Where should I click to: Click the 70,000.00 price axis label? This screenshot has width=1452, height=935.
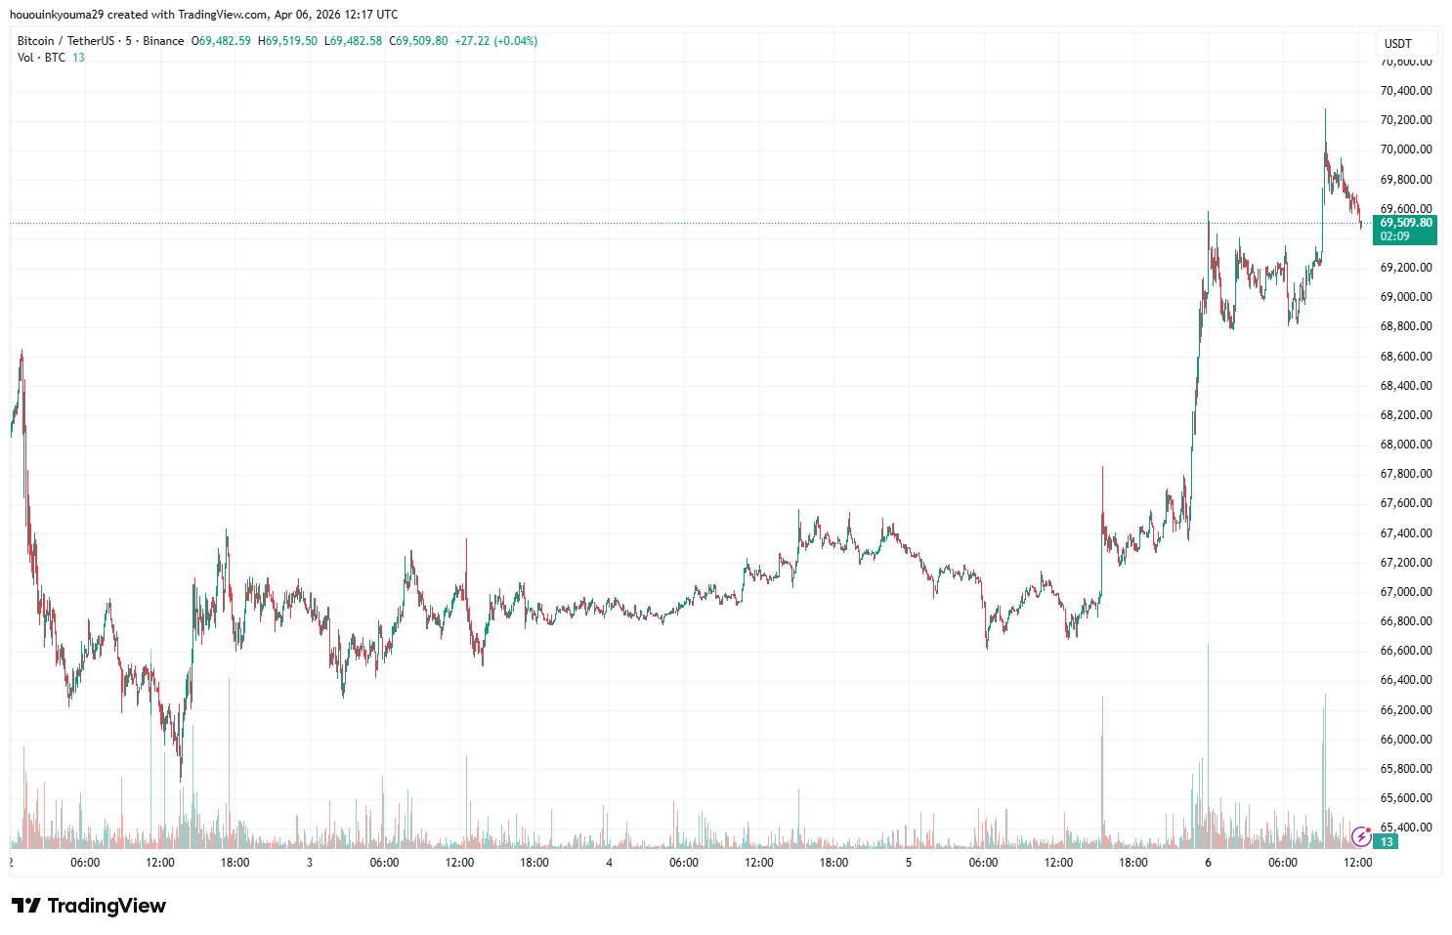(1406, 149)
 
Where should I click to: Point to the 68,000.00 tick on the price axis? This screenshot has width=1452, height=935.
(1406, 445)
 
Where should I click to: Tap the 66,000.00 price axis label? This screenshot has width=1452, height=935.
(1406, 740)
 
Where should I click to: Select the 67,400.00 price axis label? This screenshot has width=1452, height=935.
(1406, 533)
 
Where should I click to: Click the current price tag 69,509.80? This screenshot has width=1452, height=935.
(1406, 223)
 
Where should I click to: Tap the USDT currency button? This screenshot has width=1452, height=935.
(1398, 43)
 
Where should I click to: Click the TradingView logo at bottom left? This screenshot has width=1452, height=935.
(89, 906)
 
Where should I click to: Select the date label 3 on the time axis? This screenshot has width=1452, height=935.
(310, 863)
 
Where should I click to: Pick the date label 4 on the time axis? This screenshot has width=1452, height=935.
(609, 863)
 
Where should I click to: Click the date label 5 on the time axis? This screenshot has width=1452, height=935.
(909, 863)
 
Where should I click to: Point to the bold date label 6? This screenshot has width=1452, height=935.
(1208, 863)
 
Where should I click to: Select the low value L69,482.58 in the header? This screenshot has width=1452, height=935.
(353, 41)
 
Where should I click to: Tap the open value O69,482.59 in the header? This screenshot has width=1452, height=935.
(221, 41)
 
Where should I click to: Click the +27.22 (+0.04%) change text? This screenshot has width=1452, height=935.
(496, 41)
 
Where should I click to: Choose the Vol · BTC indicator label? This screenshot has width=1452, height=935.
(41, 58)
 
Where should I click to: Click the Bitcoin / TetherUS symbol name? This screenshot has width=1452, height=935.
(65, 41)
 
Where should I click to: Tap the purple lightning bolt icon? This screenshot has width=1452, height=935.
(1360, 836)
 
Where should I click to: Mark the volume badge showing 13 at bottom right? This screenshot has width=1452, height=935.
(1387, 841)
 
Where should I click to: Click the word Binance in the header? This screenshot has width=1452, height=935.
(163, 41)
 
